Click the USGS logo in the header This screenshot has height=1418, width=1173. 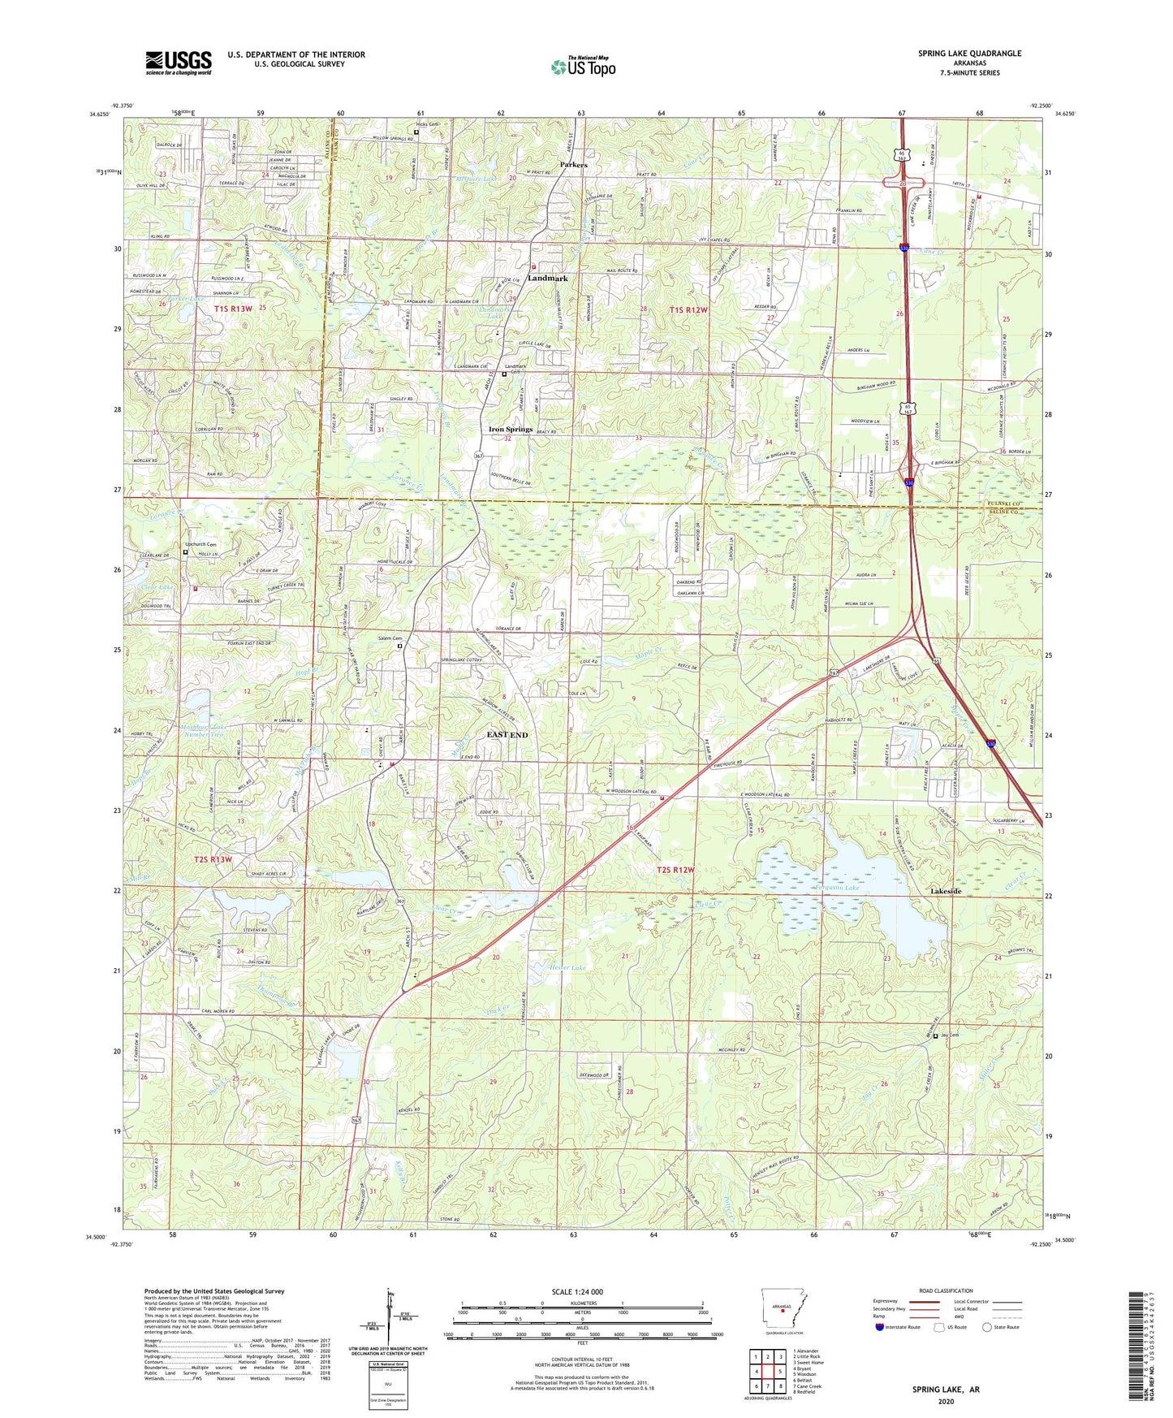tap(179, 62)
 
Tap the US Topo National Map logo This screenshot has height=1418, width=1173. tap(583, 67)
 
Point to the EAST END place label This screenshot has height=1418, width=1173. tap(507, 734)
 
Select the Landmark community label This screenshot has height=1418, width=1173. tap(547, 278)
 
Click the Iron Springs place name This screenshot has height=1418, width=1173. tap(510, 429)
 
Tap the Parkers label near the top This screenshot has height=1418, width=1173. tap(573, 165)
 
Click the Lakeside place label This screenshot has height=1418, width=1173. tap(945, 891)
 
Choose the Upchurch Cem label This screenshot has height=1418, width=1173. tap(201, 544)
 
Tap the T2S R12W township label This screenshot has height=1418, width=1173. tap(675, 870)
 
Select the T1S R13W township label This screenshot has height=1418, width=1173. tap(233, 309)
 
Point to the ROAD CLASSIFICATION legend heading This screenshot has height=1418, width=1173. tap(946, 1290)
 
